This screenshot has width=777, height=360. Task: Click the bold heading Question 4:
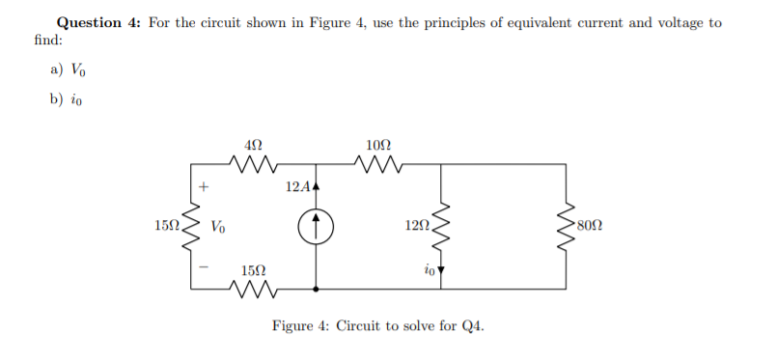[x=99, y=23]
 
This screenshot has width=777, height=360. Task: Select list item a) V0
[x=71, y=69]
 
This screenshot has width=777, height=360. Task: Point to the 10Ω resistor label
[x=378, y=144]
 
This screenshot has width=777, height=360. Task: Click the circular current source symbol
[x=317, y=227]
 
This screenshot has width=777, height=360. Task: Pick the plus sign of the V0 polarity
[x=203, y=185]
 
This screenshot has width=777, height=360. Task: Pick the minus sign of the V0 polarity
[x=203, y=266]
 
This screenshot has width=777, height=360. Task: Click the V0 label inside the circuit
[x=219, y=227]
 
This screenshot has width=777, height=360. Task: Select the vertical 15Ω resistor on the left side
[x=189, y=227]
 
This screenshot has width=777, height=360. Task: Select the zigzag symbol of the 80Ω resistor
[x=567, y=227]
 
